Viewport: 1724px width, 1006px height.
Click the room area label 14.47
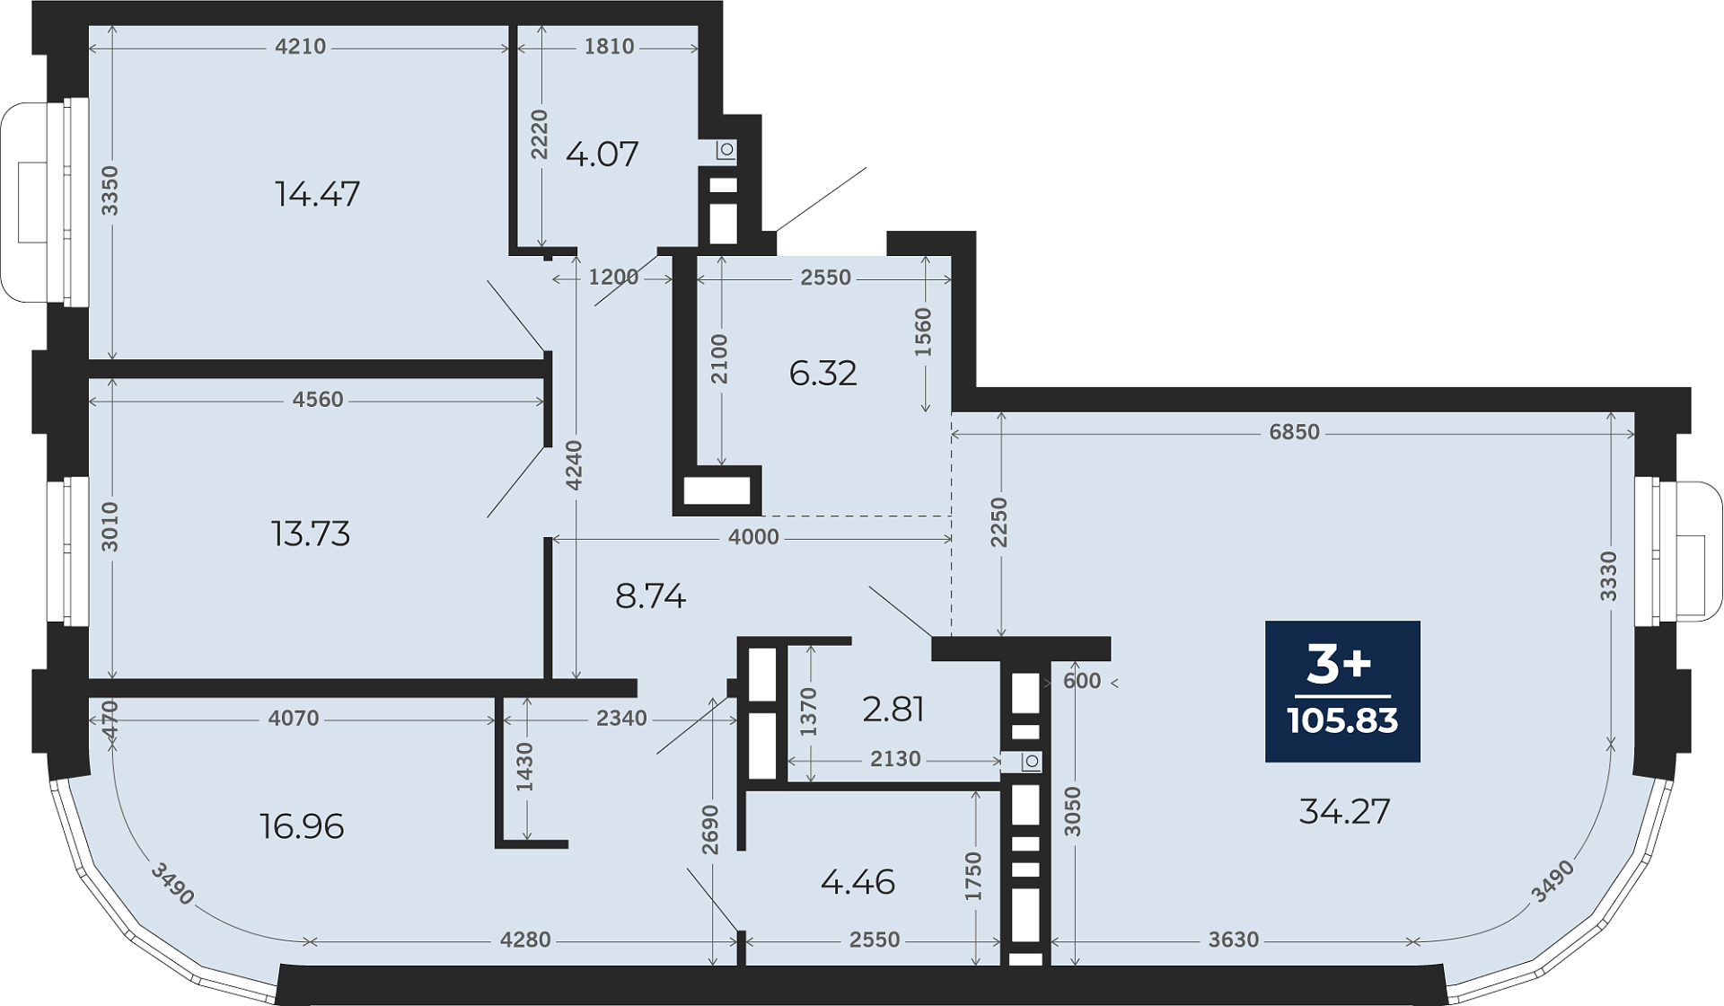pos(317,194)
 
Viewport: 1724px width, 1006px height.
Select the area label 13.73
pos(311,534)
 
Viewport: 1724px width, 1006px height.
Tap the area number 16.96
pos(302,826)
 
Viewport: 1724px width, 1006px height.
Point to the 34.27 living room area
pos(1344,812)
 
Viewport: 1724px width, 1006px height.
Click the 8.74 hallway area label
pos(650,596)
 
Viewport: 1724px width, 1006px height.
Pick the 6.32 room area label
pos(822,373)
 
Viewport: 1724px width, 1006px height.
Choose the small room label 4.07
pos(602,154)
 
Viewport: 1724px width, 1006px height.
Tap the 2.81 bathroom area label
pos(893,710)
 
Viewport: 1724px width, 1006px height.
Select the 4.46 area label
pos(858,882)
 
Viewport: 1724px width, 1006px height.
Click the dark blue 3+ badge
pos(1342,691)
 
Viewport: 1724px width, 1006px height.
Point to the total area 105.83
pos(1342,720)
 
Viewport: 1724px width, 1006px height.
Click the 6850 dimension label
pos(1294,432)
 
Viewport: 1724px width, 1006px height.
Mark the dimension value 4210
pos(300,47)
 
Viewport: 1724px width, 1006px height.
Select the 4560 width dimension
pos(318,400)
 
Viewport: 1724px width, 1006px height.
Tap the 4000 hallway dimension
pos(753,537)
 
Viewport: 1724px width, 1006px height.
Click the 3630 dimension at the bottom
pos(1233,940)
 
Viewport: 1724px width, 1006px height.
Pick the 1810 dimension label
pos(609,47)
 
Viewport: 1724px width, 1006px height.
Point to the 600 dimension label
pos(1082,681)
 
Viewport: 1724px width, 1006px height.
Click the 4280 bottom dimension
pos(525,940)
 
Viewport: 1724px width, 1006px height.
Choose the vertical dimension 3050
pos(1073,812)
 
